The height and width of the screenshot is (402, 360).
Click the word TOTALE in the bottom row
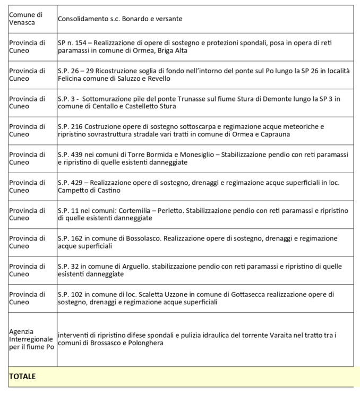22,376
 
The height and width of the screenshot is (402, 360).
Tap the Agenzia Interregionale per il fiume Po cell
31,339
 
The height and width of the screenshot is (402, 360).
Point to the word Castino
108,190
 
